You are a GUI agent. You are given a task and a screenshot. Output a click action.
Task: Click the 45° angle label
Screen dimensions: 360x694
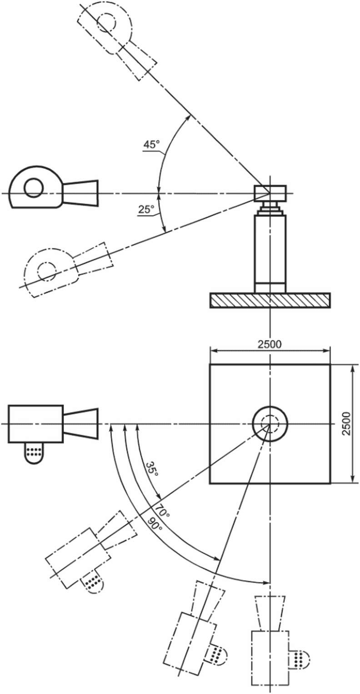pyautogui.click(x=151, y=145)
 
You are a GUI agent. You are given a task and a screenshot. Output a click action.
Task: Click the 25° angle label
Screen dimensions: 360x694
pyautogui.click(x=146, y=210)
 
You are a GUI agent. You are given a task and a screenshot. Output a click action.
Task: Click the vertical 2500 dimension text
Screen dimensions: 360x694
pyautogui.click(x=347, y=424)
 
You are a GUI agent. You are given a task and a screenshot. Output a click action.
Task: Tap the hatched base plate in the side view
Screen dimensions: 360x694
pyautogui.click(x=270, y=300)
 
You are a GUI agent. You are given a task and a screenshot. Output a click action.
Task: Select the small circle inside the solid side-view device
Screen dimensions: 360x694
pyautogui.click(x=34, y=188)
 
